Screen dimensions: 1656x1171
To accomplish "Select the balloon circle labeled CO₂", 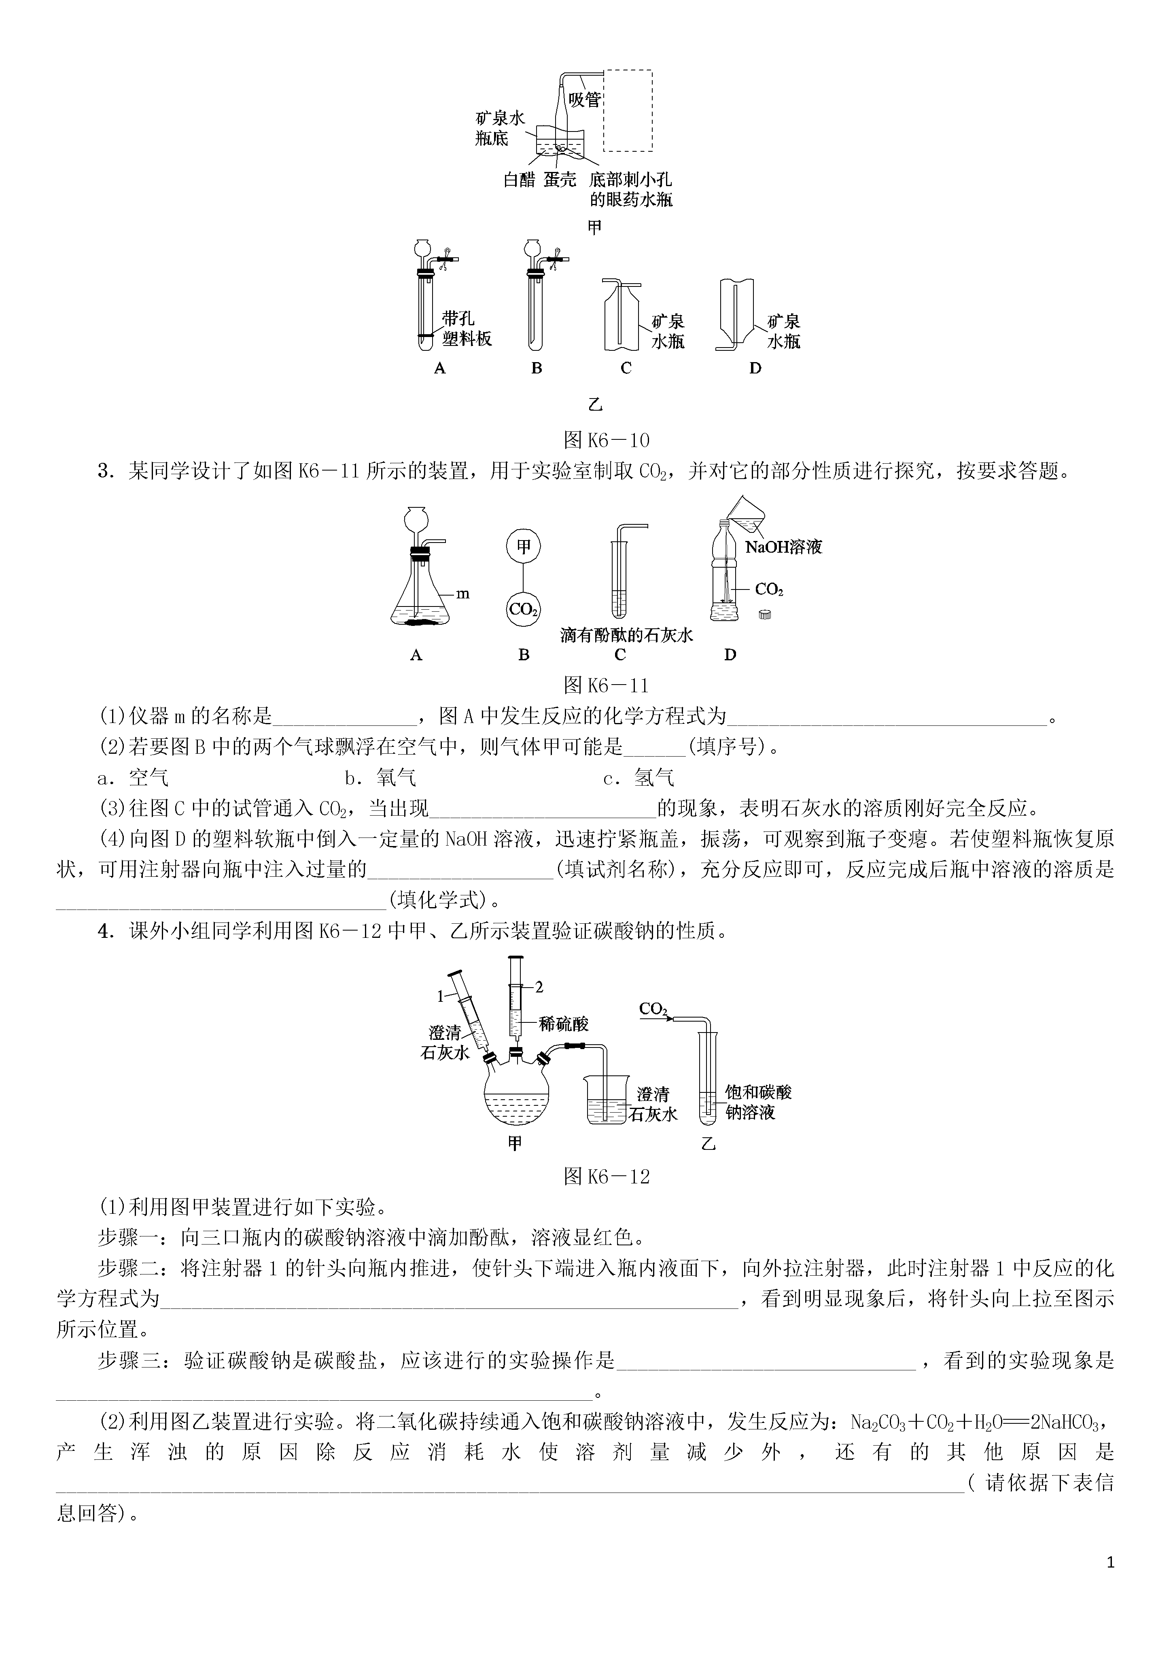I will (x=524, y=609).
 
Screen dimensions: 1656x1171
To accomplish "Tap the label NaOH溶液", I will (x=783, y=547).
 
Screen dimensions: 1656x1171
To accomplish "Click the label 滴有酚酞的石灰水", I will (x=626, y=635).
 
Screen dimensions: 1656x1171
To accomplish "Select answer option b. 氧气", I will (x=380, y=778).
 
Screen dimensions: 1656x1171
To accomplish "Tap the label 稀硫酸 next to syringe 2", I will (x=564, y=1024).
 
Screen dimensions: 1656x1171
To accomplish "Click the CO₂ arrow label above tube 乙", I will (x=654, y=1009).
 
